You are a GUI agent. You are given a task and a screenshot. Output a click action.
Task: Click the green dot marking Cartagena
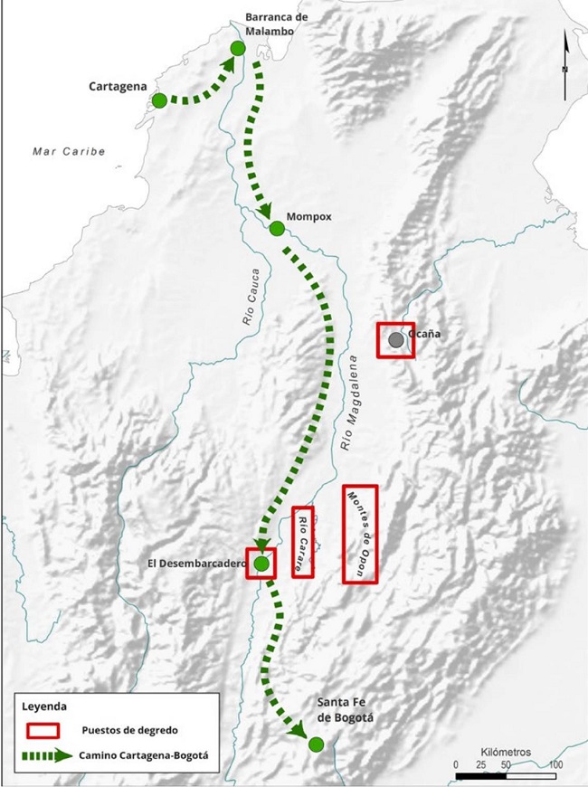(x=159, y=100)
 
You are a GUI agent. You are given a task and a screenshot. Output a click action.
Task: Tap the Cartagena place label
(x=118, y=87)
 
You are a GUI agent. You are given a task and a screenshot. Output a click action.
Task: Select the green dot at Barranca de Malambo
(x=237, y=48)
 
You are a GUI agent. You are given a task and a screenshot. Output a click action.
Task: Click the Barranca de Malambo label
(x=278, y=24)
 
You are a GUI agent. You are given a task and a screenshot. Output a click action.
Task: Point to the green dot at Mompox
(x=277, y=229)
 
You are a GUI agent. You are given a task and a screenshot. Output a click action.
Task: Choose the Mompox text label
(x=309, y=217)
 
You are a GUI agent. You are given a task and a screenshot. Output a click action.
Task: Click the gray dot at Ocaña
(x=396, y=340)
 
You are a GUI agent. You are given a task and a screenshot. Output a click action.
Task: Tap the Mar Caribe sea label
(x=69, y=151)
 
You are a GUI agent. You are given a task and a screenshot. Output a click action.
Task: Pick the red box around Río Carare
(x=303, y=542)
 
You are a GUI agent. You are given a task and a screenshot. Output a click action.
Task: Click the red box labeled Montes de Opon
(x=360, y=534)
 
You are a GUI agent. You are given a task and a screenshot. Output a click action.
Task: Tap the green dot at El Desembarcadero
(x=262, y=564)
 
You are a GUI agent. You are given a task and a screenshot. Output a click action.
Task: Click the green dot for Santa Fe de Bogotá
(x=316, y=744)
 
